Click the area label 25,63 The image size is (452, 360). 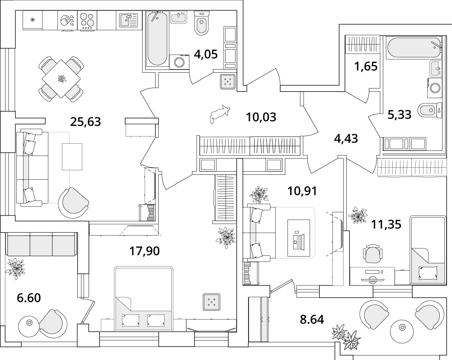pyautogui.click(x=85, y=121)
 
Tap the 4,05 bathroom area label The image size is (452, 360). pyautogui.click(x=206, y=55)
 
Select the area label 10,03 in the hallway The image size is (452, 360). pyautogui.click(x=261, y=117)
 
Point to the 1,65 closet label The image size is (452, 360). pyautogui.click(x=366, y=67)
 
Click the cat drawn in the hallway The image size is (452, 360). pyautogui.click(x=220, y=113)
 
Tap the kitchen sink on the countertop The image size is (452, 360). pyautogui.click(x=128, y=21)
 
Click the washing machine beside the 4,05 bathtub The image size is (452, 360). pyautogui.click(x=179, y=61)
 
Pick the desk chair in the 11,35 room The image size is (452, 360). pyautogui.click(x=373, y=254)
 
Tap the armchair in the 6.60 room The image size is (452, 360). pyautogui.click(x=51, y=321)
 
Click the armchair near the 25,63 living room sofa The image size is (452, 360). pyautogui.click(x=74, y=201)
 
